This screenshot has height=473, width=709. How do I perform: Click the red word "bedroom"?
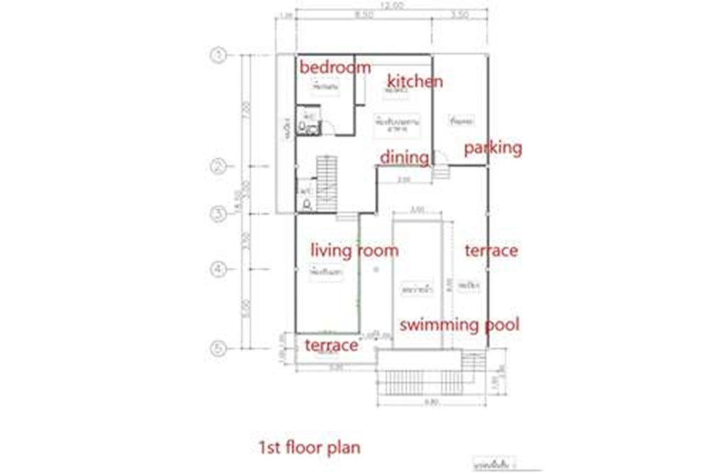(335, 68)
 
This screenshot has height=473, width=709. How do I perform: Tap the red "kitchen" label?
(415, 82)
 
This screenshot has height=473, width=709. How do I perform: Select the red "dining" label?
(404, 157)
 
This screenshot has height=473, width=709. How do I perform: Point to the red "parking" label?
(493, 148)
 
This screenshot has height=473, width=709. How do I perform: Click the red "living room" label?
(355, 250)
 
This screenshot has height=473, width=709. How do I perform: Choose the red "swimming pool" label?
(459, 325)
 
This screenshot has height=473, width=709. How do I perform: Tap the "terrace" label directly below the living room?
(330, 345)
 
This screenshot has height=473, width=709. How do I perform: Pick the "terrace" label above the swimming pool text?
(491, 250)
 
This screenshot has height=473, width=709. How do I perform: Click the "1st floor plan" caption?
(308, 447)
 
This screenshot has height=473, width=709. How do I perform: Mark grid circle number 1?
(218, 55)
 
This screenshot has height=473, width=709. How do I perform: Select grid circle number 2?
(218, 167)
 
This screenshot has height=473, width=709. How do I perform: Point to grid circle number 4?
(218, 269)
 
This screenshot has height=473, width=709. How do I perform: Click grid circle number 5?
(218, 348)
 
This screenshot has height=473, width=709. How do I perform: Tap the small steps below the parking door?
(441, 172)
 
